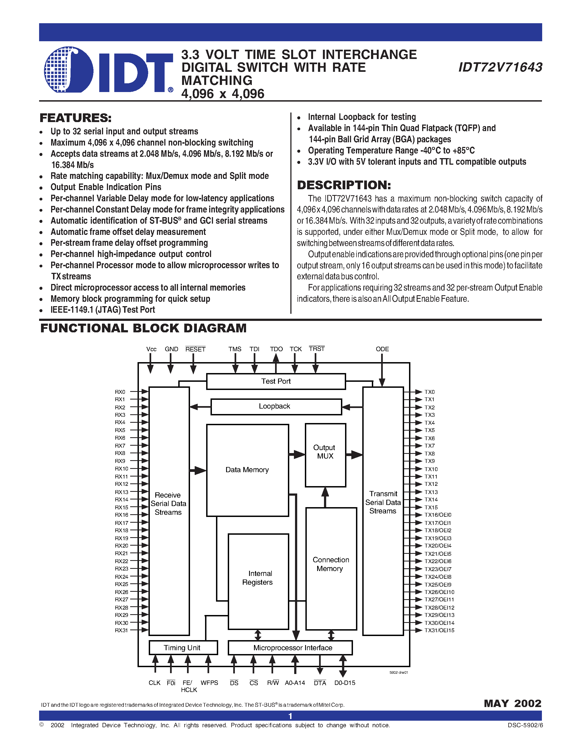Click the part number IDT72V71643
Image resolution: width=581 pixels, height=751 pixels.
coord(500,67)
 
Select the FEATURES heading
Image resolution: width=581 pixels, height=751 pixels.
coord(75,118)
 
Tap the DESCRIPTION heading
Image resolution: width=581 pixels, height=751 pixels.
coord(344,185)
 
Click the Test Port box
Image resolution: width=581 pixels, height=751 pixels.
coord(276,381)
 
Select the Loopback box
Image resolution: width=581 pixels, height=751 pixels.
coord(276,406)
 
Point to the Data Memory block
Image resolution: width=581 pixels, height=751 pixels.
coord(247,470)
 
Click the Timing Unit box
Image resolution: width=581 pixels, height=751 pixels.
coord(183,648)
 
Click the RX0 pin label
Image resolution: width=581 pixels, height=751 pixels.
coord(120,392)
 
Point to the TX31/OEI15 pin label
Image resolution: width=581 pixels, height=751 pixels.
coord(439,630)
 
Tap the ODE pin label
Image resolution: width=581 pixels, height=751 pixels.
coord(382,349)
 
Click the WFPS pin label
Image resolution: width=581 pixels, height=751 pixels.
coord(209,683)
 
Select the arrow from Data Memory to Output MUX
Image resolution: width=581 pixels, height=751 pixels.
coord(297,455)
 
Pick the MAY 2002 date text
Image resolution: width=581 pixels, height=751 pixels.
coord(512,703)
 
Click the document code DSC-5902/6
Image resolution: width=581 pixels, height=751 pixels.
coord(525,725)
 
